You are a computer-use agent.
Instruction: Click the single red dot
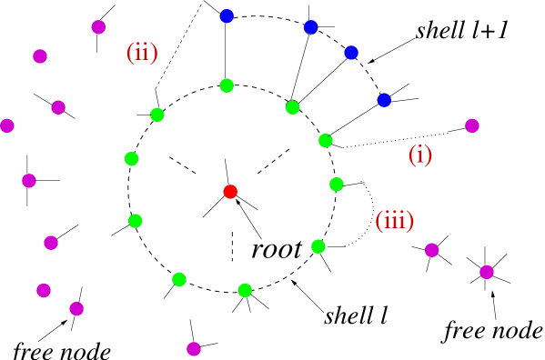[230, 192]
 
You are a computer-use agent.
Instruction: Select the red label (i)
[419, 155]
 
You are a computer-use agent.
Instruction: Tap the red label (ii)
[142, 53]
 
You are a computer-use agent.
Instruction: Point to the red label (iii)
[395, 220]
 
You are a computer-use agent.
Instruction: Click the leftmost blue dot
[227, 16]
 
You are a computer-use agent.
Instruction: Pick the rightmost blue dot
[384, 100]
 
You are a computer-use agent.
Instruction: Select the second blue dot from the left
[311, 27]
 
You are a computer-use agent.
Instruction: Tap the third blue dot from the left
[351, 53]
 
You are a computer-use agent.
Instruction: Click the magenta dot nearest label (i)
[472, 125]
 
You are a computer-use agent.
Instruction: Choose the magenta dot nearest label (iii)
[432, 250]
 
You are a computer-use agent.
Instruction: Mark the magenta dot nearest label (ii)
[98, 27]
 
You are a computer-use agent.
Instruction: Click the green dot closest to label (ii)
[157, 115]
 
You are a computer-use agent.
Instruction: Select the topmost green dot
[227, 85]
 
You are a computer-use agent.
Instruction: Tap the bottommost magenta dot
[194, 349]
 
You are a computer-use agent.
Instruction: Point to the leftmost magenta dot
[7, 125]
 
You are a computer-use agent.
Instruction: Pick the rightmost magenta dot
[487, 272]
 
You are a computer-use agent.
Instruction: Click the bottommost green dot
[245, 291]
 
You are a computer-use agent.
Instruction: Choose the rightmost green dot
[337, 185]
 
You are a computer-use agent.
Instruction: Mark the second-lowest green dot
[179, 279]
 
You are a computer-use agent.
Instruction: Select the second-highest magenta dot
[40, 56]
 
